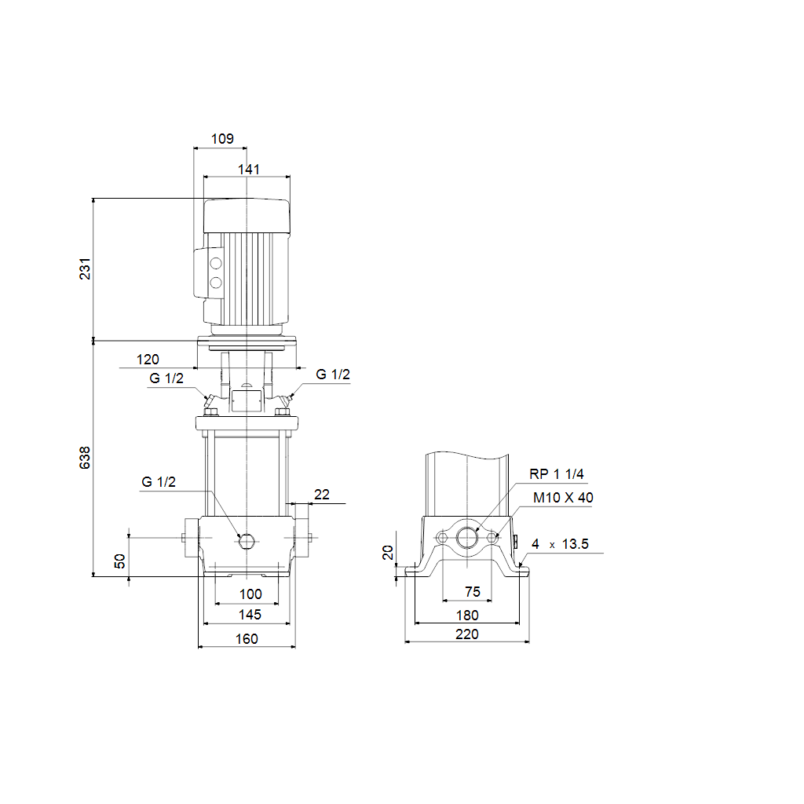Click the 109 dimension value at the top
[222, 139]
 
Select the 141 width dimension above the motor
[249, 170]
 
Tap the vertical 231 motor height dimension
[85, 269]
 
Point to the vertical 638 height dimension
[85, 458]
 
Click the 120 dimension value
[148, 360]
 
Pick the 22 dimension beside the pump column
[321, 495]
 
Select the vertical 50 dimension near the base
[119, 561]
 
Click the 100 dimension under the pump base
[250, 594]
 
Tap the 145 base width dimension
[250, 614]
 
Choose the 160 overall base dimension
[247, 639]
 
